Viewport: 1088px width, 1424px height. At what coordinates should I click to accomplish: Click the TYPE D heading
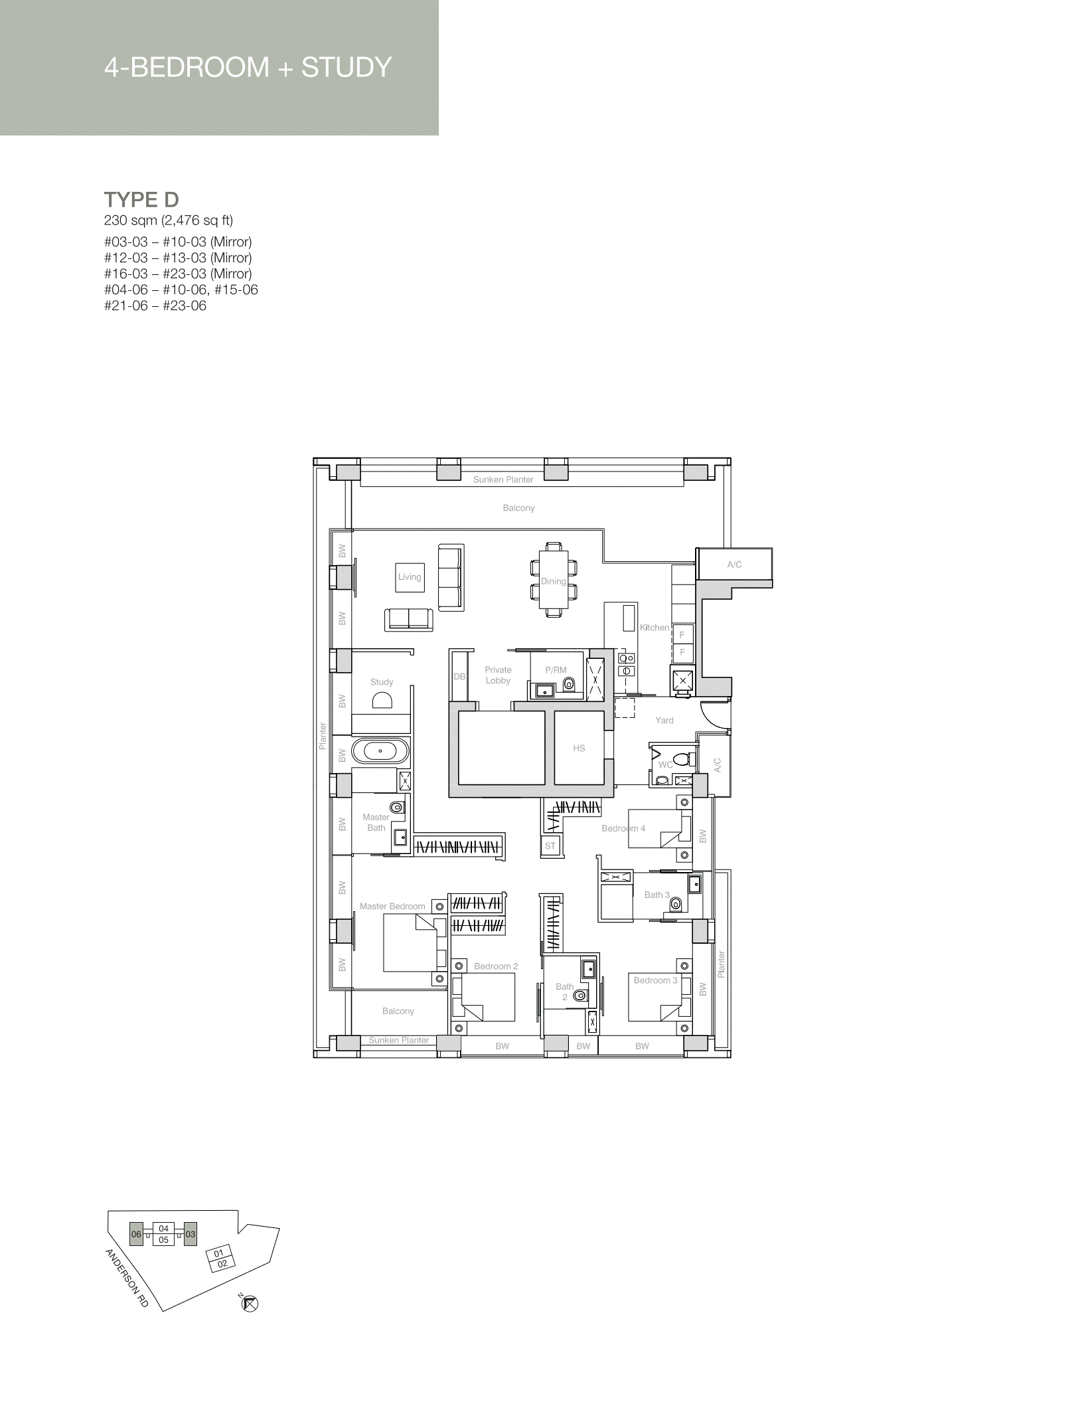point(141,199)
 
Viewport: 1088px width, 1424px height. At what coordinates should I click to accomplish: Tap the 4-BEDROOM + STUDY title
point(248,67)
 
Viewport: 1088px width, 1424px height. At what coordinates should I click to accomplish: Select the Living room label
point(410,577)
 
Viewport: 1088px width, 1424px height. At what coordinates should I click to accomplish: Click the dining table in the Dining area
point(554,580)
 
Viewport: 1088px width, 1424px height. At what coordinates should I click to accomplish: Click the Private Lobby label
point(498,675)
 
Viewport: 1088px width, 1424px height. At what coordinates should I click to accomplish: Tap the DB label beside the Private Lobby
point(459,677)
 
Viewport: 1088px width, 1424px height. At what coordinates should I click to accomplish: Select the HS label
point(579,748)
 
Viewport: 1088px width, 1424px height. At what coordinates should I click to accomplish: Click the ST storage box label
point(550,845)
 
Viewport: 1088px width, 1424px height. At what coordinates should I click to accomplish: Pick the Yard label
point(664,720)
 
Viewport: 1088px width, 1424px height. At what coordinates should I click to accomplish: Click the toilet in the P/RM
point(568,684)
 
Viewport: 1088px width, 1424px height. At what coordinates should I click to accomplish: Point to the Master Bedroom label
point(392,906)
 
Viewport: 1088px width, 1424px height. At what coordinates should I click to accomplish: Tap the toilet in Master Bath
point(397,808)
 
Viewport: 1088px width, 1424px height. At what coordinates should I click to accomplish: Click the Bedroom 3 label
point(656,980)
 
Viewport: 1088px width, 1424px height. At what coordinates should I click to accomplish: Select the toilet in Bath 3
point(676,904)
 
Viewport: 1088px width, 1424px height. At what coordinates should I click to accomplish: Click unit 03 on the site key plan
point(191,1234)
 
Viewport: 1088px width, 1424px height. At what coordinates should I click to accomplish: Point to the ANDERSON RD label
point(127,1279)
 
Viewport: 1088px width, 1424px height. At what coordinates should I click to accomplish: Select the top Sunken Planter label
point(503,480)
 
